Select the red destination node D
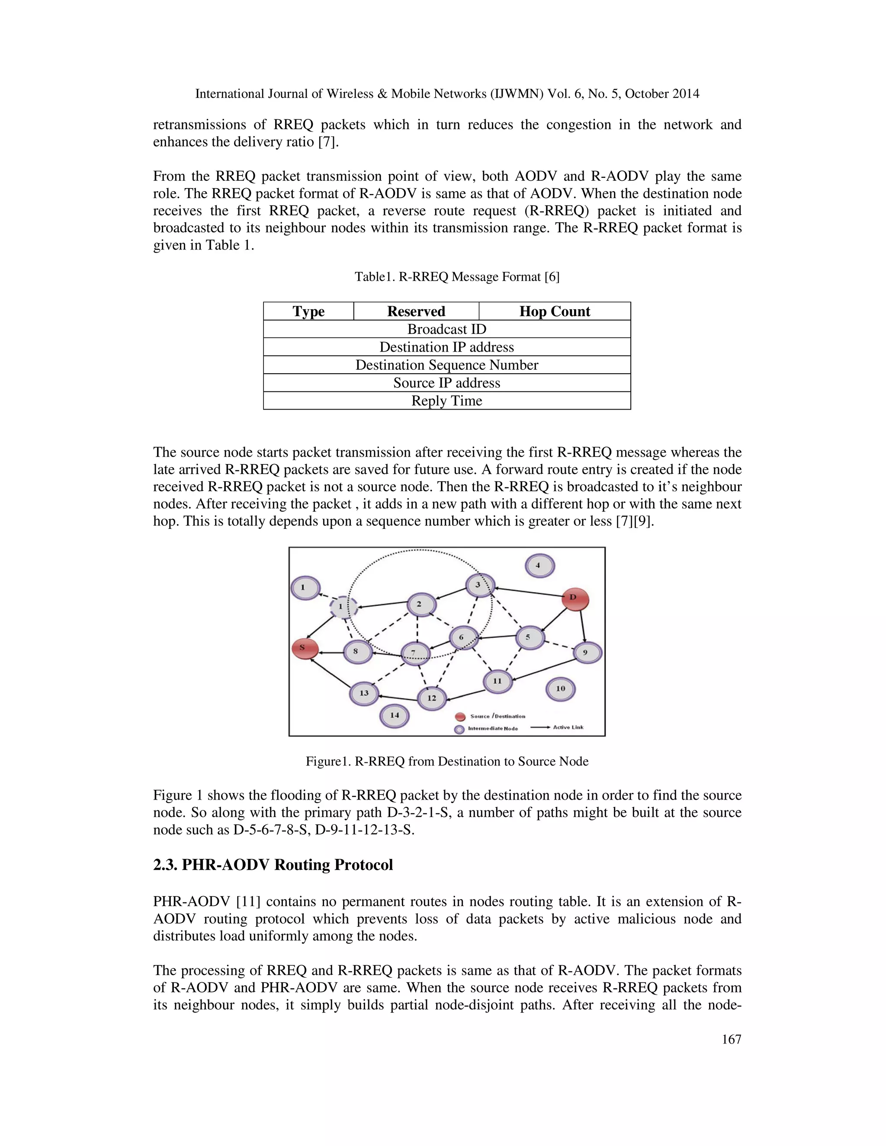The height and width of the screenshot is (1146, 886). pos(575,599)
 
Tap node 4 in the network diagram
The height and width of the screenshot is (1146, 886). pos(539,566)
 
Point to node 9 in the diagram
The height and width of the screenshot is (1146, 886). pos(587,653)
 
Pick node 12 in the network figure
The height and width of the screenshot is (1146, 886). pos(431,698)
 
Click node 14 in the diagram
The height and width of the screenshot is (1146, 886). pos(394,716)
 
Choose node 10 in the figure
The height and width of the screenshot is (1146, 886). pos(561,689)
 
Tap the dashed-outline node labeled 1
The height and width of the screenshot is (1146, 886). pos(343,607)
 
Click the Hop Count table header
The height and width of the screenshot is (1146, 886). pos(554,311)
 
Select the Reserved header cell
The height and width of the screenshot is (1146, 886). pos(416,311)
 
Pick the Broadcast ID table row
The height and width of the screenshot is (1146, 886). pos(446,329)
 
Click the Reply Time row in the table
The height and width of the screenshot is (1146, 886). pos(446,401)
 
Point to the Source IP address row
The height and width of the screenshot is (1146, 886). pos(446,383)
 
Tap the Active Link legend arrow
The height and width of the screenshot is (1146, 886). pos(540,727)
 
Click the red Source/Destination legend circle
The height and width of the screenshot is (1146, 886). pos(460,717)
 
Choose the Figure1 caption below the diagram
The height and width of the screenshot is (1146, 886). pos(446,762)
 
